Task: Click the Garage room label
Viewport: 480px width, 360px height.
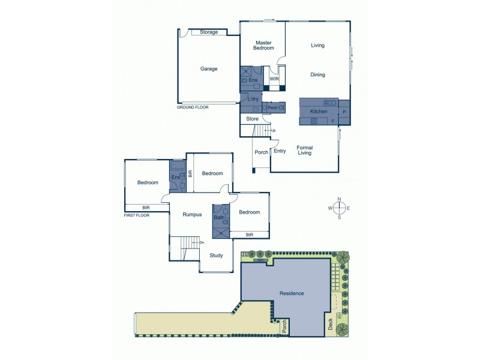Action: pos(209,69)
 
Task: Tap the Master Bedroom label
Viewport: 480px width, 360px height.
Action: pos(264,45)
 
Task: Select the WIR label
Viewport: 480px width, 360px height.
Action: pos(274,79)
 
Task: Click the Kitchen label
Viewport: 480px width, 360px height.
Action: pos(319,112)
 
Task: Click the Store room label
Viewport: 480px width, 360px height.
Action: pos(252,119)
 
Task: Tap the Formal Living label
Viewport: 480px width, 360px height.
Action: pos(305,150)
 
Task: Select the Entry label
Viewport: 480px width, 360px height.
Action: pos(280,151)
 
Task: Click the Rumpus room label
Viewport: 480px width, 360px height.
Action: pos(192,214)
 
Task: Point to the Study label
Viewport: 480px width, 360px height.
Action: pos(216,256)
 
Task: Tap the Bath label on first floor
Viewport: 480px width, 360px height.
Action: pos(219,217)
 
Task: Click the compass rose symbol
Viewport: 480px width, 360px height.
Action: pos(339,208)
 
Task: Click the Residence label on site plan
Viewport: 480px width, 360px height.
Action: pos(292,293)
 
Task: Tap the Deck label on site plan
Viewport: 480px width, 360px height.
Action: pos(330,324)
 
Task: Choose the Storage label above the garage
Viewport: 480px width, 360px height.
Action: pos(208,32)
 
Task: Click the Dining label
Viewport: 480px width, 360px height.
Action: pos(317,75)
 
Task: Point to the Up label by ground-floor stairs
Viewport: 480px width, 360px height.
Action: pos(274,131)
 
